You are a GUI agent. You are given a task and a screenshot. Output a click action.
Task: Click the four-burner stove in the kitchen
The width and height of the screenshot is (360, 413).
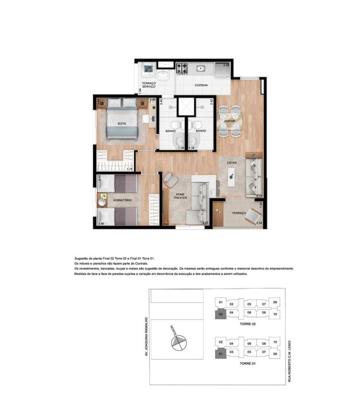tap(182, 68)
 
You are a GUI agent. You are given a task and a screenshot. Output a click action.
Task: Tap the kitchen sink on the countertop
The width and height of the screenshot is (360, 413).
tap(201, 69)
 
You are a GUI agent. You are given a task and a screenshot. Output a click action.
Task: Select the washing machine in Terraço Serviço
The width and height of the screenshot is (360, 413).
tap(148, 69)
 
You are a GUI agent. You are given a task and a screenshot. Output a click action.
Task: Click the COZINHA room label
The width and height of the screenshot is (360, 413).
tap(201, 85)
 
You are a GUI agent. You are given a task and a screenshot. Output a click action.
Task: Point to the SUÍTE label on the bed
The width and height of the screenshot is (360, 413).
tap(122, 123)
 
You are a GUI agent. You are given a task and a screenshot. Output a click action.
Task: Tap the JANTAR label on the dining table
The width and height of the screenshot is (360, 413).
tap(229, 121)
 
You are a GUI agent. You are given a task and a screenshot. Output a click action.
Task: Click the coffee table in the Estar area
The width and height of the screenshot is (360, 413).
tap(231, 177)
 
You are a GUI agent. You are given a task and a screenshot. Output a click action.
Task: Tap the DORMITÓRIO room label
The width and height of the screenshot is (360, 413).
tap(122, 200)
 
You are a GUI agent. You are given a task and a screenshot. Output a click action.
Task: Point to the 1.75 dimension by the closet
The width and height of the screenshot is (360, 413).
tap(129, 169)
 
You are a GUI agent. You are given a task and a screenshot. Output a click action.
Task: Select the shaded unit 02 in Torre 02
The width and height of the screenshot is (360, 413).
tap(221, 314)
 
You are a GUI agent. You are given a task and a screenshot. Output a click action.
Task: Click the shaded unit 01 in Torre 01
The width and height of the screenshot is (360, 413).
tap(221, 354)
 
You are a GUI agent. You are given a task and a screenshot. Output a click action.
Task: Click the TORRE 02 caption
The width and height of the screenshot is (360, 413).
tap(248, 324)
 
